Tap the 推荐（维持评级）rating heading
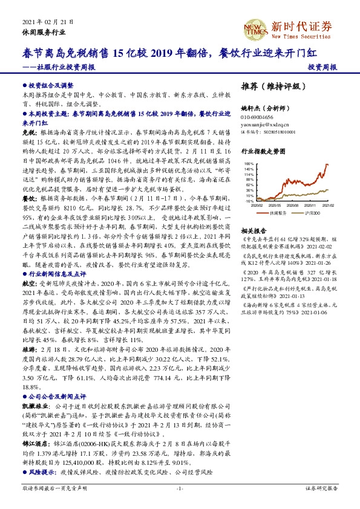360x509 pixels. [272, 86]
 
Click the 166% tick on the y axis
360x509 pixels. [249, 164]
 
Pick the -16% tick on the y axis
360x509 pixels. [249, 200]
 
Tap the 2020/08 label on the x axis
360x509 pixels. [293, 206]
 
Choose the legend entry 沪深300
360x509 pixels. [313, 213]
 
